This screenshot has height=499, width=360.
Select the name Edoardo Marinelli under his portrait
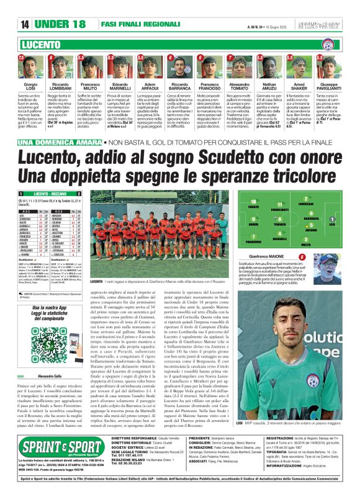coord(120,86)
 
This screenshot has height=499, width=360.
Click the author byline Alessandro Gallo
coord(34,359)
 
